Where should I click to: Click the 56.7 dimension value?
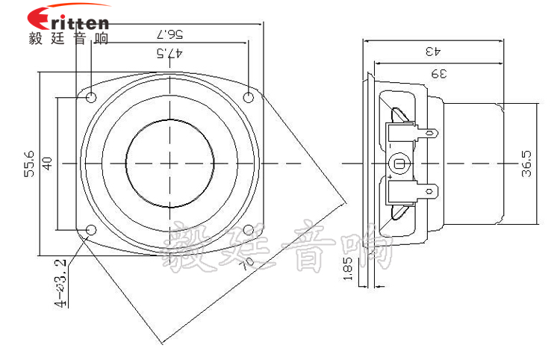[x=169, y=34]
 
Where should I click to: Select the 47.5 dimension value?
[x=169, y=53]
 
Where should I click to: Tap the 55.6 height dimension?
[x=29, y=164]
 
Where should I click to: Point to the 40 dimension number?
[x=47, y=164]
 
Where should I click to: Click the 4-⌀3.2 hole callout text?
[x=60, y=283]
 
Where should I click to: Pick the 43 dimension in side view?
[x=433, y=51]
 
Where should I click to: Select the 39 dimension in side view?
[x=439, y=74]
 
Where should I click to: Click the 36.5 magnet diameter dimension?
[x=526, y=164]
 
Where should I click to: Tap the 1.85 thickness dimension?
[x=347, y=268]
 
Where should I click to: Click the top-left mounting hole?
[x=91, y=97]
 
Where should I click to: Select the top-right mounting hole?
[x=248, y=97]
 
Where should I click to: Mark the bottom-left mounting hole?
[x=91, y=230]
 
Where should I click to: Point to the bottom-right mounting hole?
[x=248, y=230]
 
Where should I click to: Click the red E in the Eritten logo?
[x=40, y=19]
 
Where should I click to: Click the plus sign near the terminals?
[x=391, y=177]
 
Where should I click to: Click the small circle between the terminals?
[x=398, y=164]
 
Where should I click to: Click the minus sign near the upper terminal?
[x=391, y=146]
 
